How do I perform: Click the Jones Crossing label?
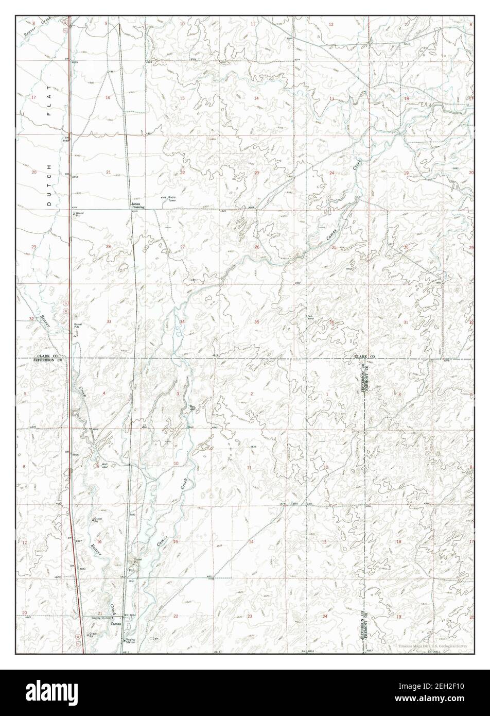pyautogui.click(x=136, y=205)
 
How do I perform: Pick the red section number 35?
pyautogui.click(x=257, y=321)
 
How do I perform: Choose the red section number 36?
pyautogui.click(x=331, y=322)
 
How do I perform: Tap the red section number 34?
pyautogui.click(x=182, y=321)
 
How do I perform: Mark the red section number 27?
pyautogui.click(x=182, y=247)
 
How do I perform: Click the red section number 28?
pyautogui.click(x=108, y=247)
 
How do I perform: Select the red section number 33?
pyautogui.click(x=108, y=321)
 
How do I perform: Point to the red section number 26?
pyautogui.click(x=257, y=247)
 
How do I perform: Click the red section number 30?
pyautogui.click(x=406, y=247)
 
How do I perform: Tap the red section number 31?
pyautogui.click(x=406, y=322)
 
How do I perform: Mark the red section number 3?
pyautogui.click(x=178, y=394)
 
